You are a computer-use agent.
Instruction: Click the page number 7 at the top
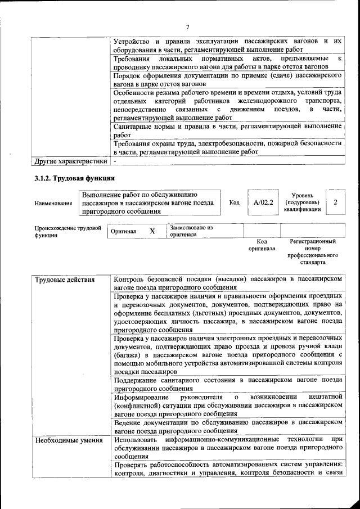188,27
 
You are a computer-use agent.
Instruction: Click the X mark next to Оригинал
152,231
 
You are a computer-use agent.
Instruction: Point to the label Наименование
53,203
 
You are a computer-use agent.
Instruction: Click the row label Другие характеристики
70,161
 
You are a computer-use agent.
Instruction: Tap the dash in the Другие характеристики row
115,161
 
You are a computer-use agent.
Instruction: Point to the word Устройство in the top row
133,42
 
